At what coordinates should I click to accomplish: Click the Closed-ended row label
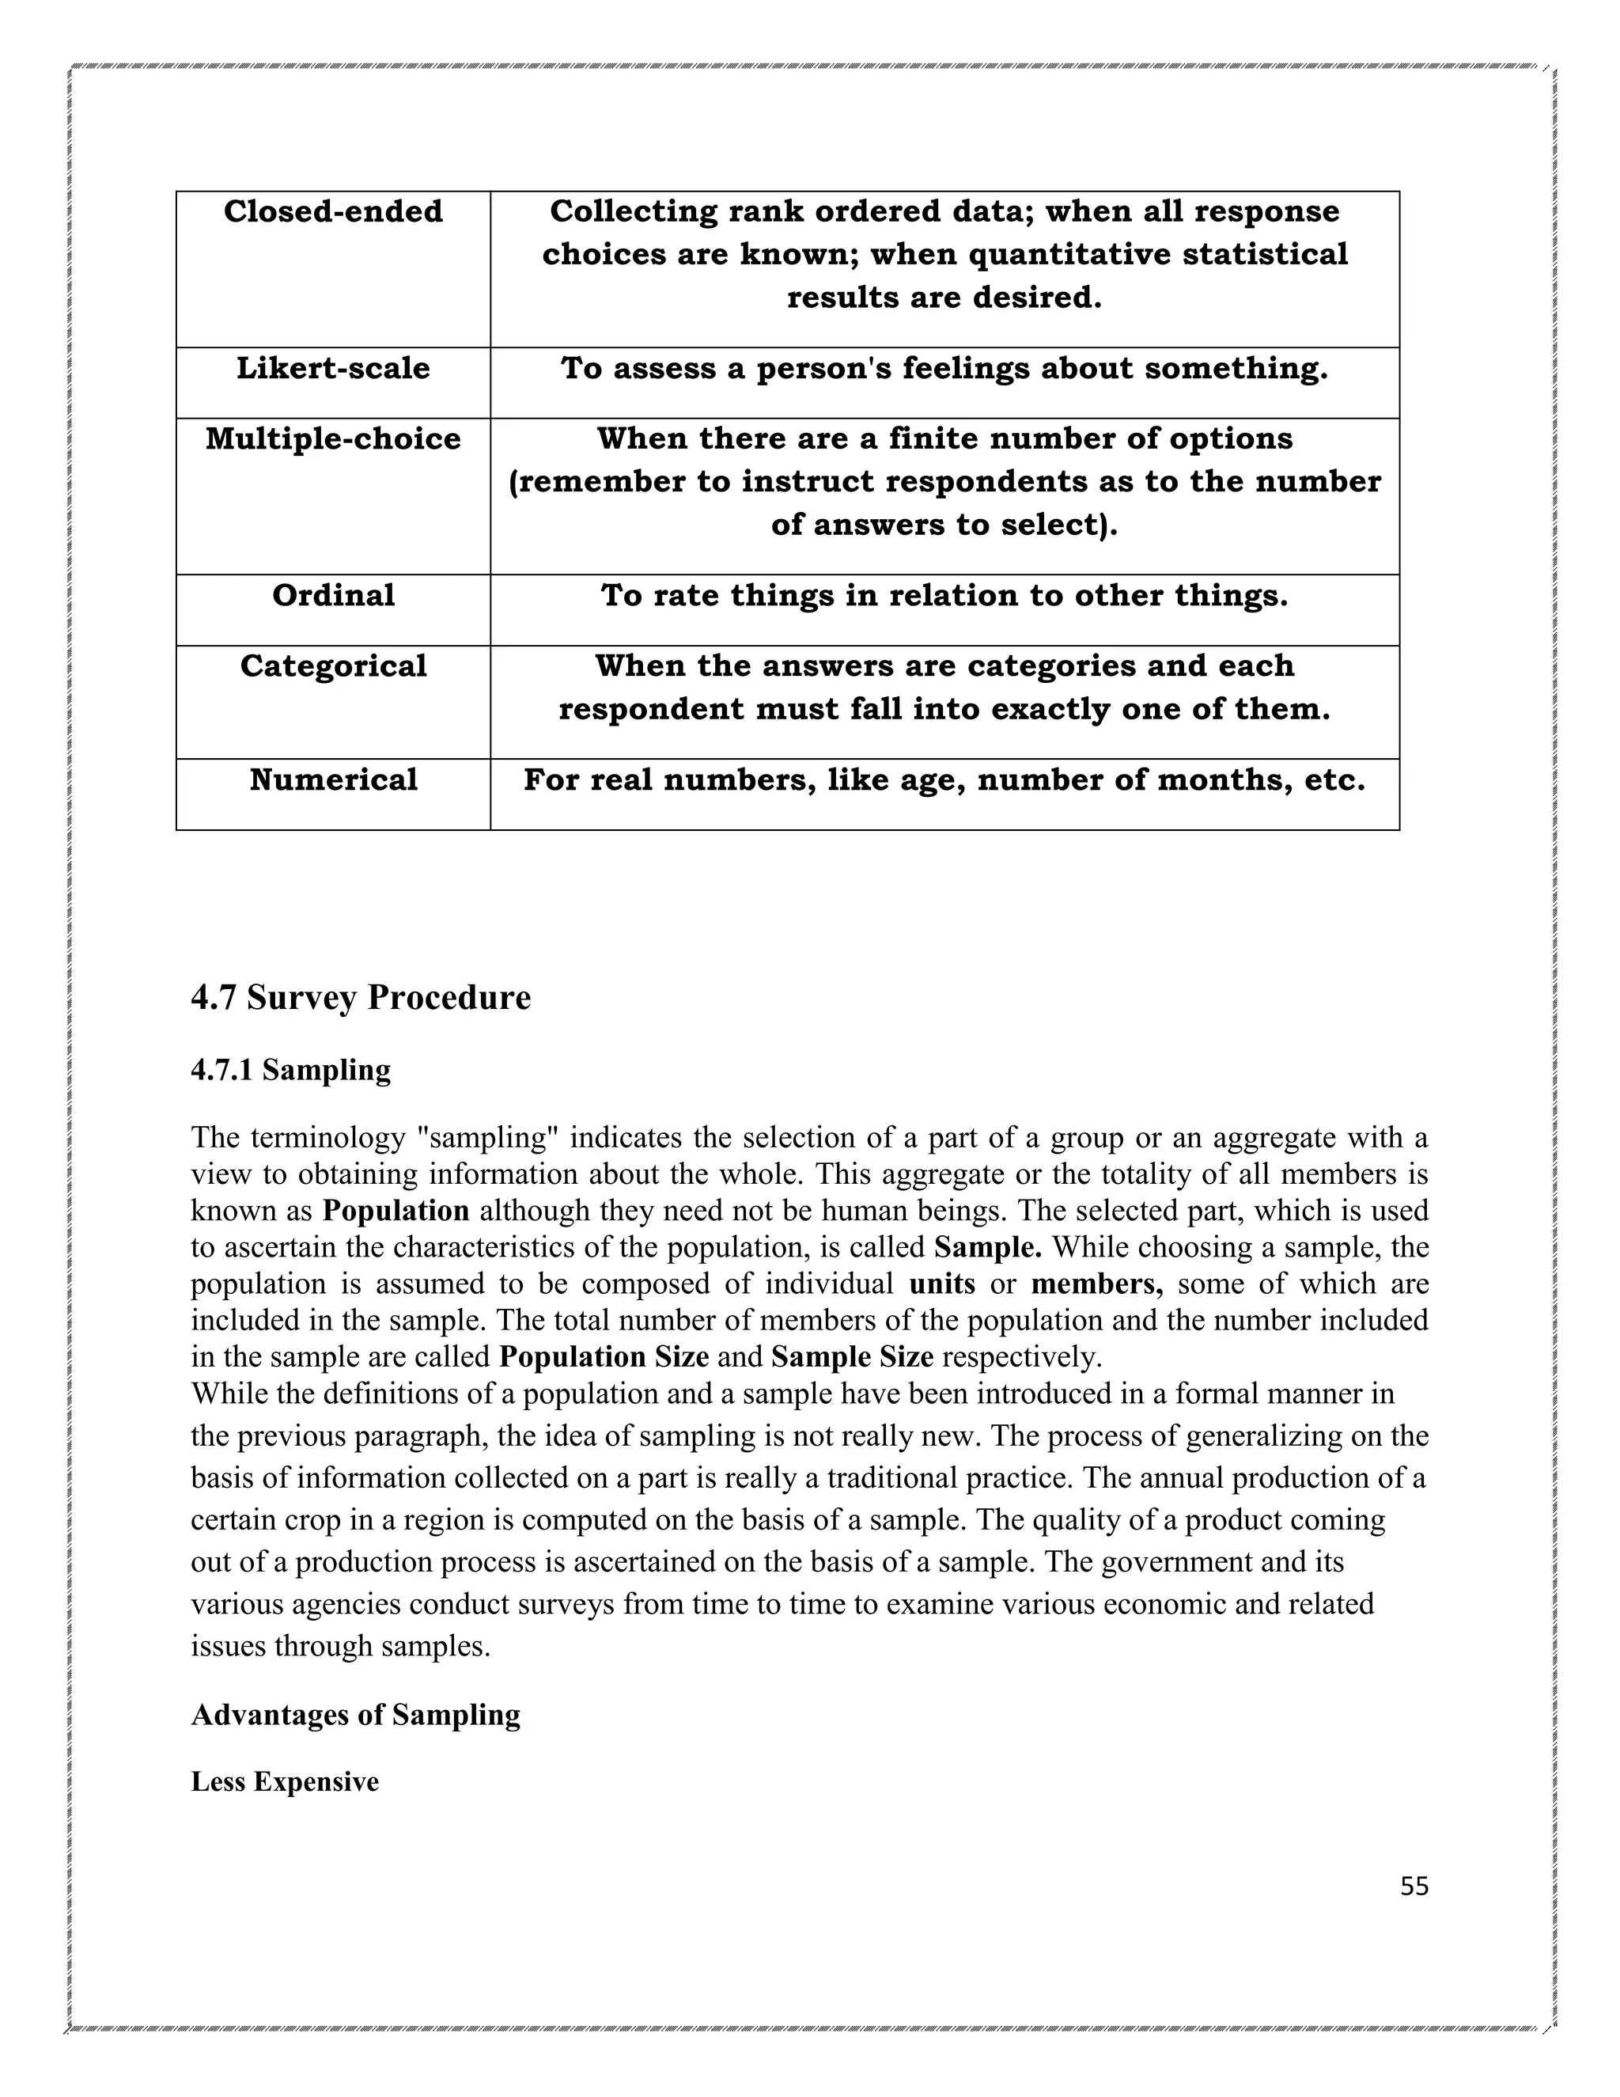click(x=333, y=212)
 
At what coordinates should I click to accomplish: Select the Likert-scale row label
click(x=333, y=369)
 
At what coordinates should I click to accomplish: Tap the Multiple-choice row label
click(x=333, y=440)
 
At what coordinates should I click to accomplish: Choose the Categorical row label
click(x=333, y=666)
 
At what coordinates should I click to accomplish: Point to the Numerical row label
click(x=333, y=779)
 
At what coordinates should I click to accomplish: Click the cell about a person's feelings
click(x=944, y=369)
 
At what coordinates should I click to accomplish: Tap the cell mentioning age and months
click(x=944, y=779)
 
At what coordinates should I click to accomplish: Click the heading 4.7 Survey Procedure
click(x=361, y=998)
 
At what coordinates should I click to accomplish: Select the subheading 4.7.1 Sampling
click(x=291, y=1070)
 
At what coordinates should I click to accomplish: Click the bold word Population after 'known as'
click(x=396, y=1211)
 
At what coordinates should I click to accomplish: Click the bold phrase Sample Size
click(x=851, y=1356)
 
